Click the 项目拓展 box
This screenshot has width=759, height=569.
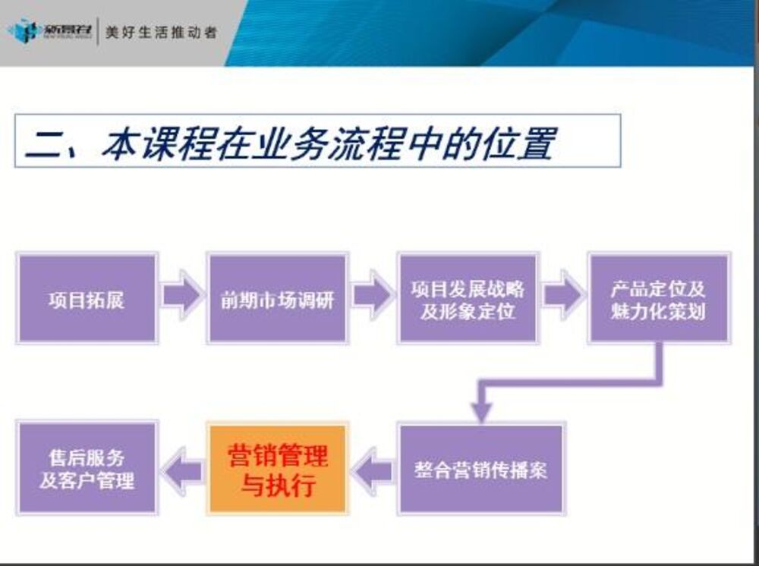[x=86, y=298]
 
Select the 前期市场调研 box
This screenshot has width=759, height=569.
[x=277, y=298]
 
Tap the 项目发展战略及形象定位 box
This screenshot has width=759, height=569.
[x=468, y=298]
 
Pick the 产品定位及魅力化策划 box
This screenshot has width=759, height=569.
[x=658, y=298]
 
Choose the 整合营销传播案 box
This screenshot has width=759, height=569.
[x=481, y=469]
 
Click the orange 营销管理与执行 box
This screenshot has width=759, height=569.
[x=278, y=469]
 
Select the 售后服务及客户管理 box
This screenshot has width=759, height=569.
[x=86, y=469]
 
